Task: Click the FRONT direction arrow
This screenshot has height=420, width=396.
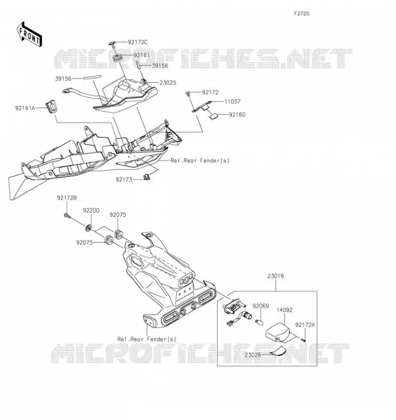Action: [29, 35]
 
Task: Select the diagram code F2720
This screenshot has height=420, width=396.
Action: [301, 14]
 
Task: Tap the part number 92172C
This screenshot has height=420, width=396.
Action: [138, 42]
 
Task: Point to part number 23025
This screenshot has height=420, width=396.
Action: [168, 83]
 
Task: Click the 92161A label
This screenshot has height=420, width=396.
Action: [25, 108]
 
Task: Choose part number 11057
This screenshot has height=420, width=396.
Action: [232, 101]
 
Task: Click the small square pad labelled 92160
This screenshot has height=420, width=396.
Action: [214, 116]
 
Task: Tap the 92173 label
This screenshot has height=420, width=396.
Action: [124, 180]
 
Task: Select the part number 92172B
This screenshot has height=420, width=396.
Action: [67, 198]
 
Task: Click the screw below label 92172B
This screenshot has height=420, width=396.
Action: [67, 215]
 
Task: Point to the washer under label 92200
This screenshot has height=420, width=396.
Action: [88, 228]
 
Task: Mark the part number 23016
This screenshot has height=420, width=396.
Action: [276, 276]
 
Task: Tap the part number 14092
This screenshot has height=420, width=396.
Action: [285, 310]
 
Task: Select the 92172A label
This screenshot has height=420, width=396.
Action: [305, 325]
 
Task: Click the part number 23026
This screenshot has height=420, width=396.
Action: [253, 355]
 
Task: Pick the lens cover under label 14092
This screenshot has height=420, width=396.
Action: [278, 332]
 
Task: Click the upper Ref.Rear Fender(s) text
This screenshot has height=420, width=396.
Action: [200, 161]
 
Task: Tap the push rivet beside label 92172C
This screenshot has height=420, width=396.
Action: [113, 45]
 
